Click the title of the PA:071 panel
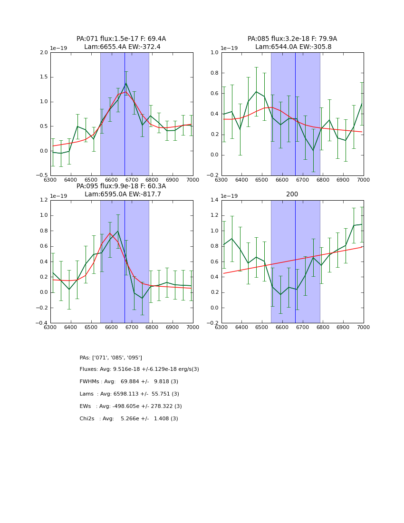(121, 43)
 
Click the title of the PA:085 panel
(292, 43)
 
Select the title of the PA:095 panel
(121, 190)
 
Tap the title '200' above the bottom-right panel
(292, 194)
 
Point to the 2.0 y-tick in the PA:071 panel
(44, 52)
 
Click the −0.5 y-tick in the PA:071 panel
(42, 175)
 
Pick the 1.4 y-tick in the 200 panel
(215, 200)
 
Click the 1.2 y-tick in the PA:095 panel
(44, 200)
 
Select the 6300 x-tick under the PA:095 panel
(50, 328)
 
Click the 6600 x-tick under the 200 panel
(282, 328)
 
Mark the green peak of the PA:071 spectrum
(126, 83)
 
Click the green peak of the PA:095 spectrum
(118, 231)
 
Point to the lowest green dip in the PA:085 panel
(313, 150)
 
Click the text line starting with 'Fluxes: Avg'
(139, 369)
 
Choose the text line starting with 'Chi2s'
(129, 419)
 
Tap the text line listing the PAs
(111, 358)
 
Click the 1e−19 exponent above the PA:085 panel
(231, 48)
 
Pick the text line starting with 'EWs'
(131, 407)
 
